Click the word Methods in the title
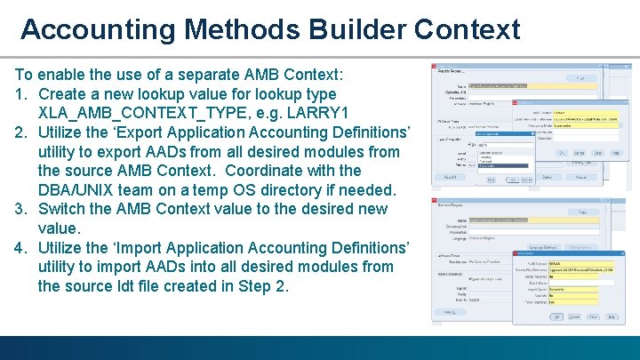241,28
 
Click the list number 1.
20,94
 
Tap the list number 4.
20,247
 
